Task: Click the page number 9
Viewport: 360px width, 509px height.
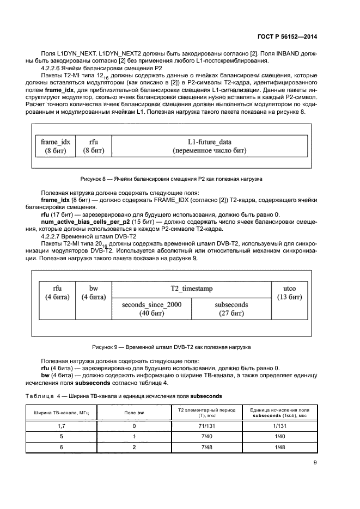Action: point(315,463)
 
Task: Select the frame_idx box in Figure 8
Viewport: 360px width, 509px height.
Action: point(53,146)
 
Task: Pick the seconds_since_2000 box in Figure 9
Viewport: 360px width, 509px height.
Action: point(152,309)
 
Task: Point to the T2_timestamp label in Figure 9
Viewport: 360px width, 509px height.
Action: point(191,288)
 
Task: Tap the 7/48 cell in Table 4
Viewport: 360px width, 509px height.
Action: point(207,447)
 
